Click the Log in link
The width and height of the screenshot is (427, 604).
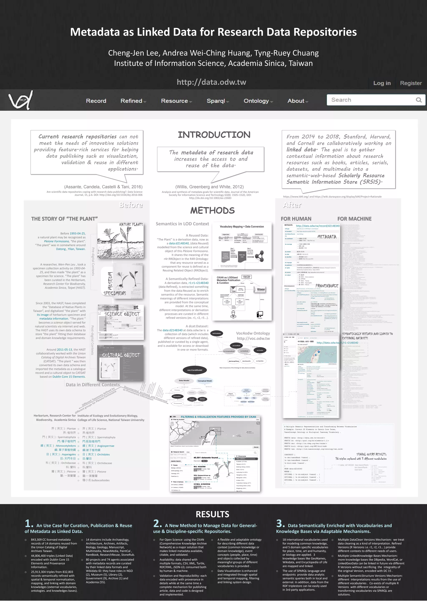tap(382, 83)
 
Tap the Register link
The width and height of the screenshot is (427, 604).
tap(411, 83)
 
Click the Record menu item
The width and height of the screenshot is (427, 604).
tap(96, 101)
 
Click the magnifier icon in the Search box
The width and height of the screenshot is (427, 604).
tap(419, 100)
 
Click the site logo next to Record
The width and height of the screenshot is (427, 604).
tap(20, 100)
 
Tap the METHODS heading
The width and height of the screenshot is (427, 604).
tap(212, 211)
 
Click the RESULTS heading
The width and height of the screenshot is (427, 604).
tap(212, 514)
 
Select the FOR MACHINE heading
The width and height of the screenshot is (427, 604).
tap(354, 219)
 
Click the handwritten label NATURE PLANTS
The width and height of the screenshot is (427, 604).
tap(131, 224)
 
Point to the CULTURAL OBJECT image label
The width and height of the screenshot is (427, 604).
tap(121, 355)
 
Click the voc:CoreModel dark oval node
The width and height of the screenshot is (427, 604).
tap(195, 370)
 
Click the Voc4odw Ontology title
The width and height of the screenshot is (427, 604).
tap(253, 333)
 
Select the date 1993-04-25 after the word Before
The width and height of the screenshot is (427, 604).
tap(77, 233)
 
